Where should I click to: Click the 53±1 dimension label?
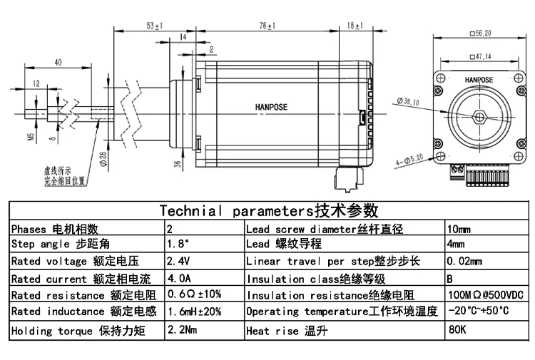point(153,26)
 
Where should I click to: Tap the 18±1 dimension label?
point(355,26)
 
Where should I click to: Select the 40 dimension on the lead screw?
point(57,63)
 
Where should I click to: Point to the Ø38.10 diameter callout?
point(407,102)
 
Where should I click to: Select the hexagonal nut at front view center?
point(480,117)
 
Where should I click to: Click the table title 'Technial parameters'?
point(268,210)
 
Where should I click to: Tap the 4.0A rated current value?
point(178,278)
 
